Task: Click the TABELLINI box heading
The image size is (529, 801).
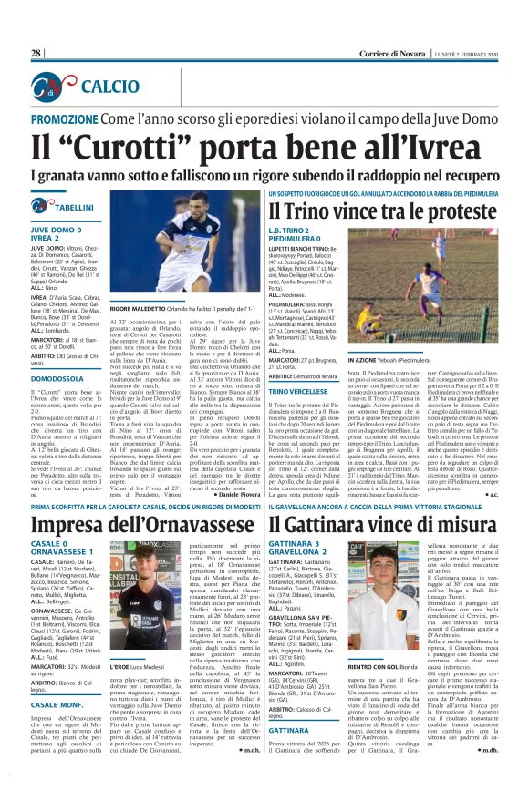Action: tap(75, 208)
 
